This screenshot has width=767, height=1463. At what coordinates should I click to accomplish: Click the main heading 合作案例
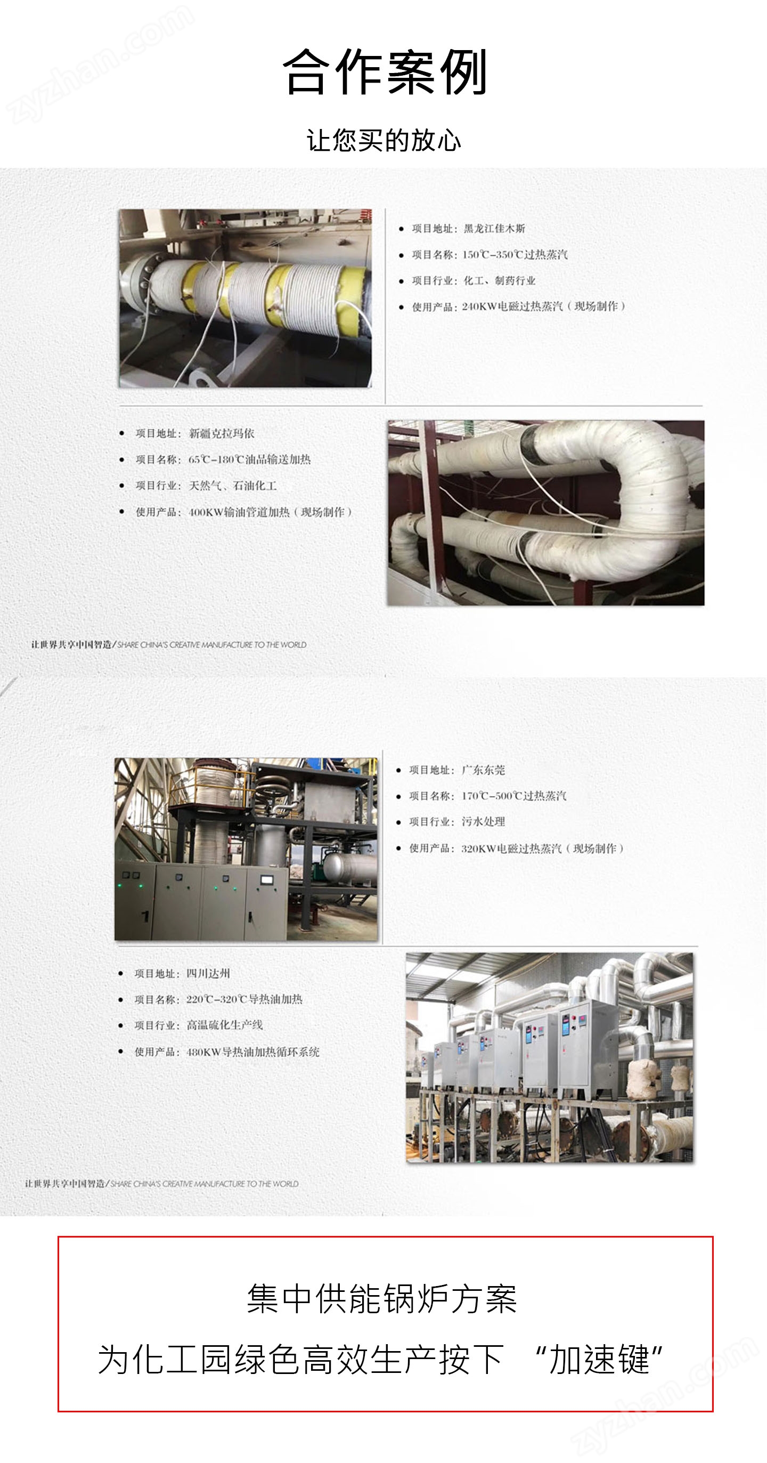[x=385, y=71]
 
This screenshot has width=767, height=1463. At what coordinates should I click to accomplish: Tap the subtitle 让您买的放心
[x=384, y=140]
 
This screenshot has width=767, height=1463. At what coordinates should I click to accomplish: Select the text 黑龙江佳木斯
[x=494, y=228]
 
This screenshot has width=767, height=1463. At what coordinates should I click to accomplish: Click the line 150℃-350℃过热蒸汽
[x=515, y=254]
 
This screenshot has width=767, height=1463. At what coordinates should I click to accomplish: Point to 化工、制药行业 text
[x=500, y=280]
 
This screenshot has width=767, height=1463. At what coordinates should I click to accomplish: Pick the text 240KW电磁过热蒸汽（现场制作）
[x=544, y=306]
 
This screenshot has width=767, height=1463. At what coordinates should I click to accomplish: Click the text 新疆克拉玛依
[x=222, y=433]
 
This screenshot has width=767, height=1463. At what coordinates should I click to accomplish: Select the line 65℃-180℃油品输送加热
[x=250, y=459]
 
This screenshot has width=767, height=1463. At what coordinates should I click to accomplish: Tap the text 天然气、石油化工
[x=233, y=486]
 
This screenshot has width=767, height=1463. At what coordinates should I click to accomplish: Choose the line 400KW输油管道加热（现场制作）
[x=270, y=512]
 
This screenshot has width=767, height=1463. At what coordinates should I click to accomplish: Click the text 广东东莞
[x=483, y=770]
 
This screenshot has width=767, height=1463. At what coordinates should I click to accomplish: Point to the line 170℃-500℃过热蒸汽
[x=514, y=796]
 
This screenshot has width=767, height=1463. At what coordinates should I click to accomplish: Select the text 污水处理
[x=483, y=822]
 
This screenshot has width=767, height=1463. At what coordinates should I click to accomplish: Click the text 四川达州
[x=208, y=973]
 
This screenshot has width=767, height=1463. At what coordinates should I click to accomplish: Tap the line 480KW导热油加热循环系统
[x=252, y=1052]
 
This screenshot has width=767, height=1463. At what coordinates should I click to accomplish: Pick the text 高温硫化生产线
[x=225, y=1025]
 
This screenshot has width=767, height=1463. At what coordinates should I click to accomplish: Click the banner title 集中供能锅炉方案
[x=382, y=1299]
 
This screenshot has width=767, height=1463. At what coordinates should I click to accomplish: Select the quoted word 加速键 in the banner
[x=600, y=1360]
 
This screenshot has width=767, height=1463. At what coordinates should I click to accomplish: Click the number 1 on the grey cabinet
[x=145, y=916]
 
